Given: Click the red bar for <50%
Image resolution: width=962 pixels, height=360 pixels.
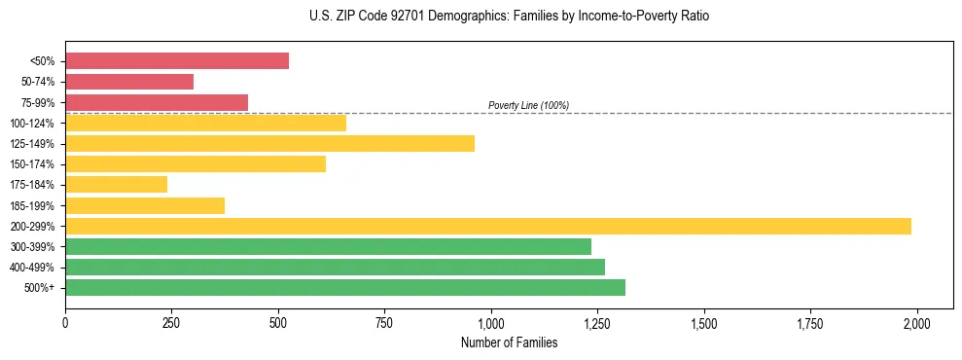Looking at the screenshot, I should point(177,61).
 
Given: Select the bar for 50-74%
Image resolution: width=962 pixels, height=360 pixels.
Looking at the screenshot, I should point(129,82).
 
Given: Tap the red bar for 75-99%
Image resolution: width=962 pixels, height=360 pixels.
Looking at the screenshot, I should point(157,102).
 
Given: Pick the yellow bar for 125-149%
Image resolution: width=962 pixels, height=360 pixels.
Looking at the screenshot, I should point(269,143).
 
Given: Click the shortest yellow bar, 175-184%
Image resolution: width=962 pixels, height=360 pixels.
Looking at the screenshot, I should point(116,184).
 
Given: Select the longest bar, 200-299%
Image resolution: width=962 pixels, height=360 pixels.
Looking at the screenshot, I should point(488,226).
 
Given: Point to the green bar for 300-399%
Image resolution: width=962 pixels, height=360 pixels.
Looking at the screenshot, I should point(328,246).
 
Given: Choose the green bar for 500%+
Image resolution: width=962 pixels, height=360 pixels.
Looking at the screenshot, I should point(345,287).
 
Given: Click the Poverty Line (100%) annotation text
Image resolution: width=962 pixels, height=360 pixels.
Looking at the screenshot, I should point(528,105).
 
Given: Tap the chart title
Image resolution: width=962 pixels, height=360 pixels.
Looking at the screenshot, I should point(481,17).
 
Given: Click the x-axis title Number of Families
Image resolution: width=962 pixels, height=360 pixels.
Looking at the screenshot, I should point(509,342).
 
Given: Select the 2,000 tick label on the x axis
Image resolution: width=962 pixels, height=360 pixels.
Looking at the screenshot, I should point(917,322).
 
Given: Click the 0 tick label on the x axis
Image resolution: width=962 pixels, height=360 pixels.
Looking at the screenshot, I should point(65,322).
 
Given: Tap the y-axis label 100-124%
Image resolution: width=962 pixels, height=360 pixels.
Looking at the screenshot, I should point(37,124).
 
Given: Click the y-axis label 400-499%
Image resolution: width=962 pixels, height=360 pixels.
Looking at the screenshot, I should point(37,268).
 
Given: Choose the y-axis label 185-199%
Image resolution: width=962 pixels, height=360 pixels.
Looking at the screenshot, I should point(37,205).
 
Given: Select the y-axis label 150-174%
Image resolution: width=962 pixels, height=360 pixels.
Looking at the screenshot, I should point(37,164).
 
